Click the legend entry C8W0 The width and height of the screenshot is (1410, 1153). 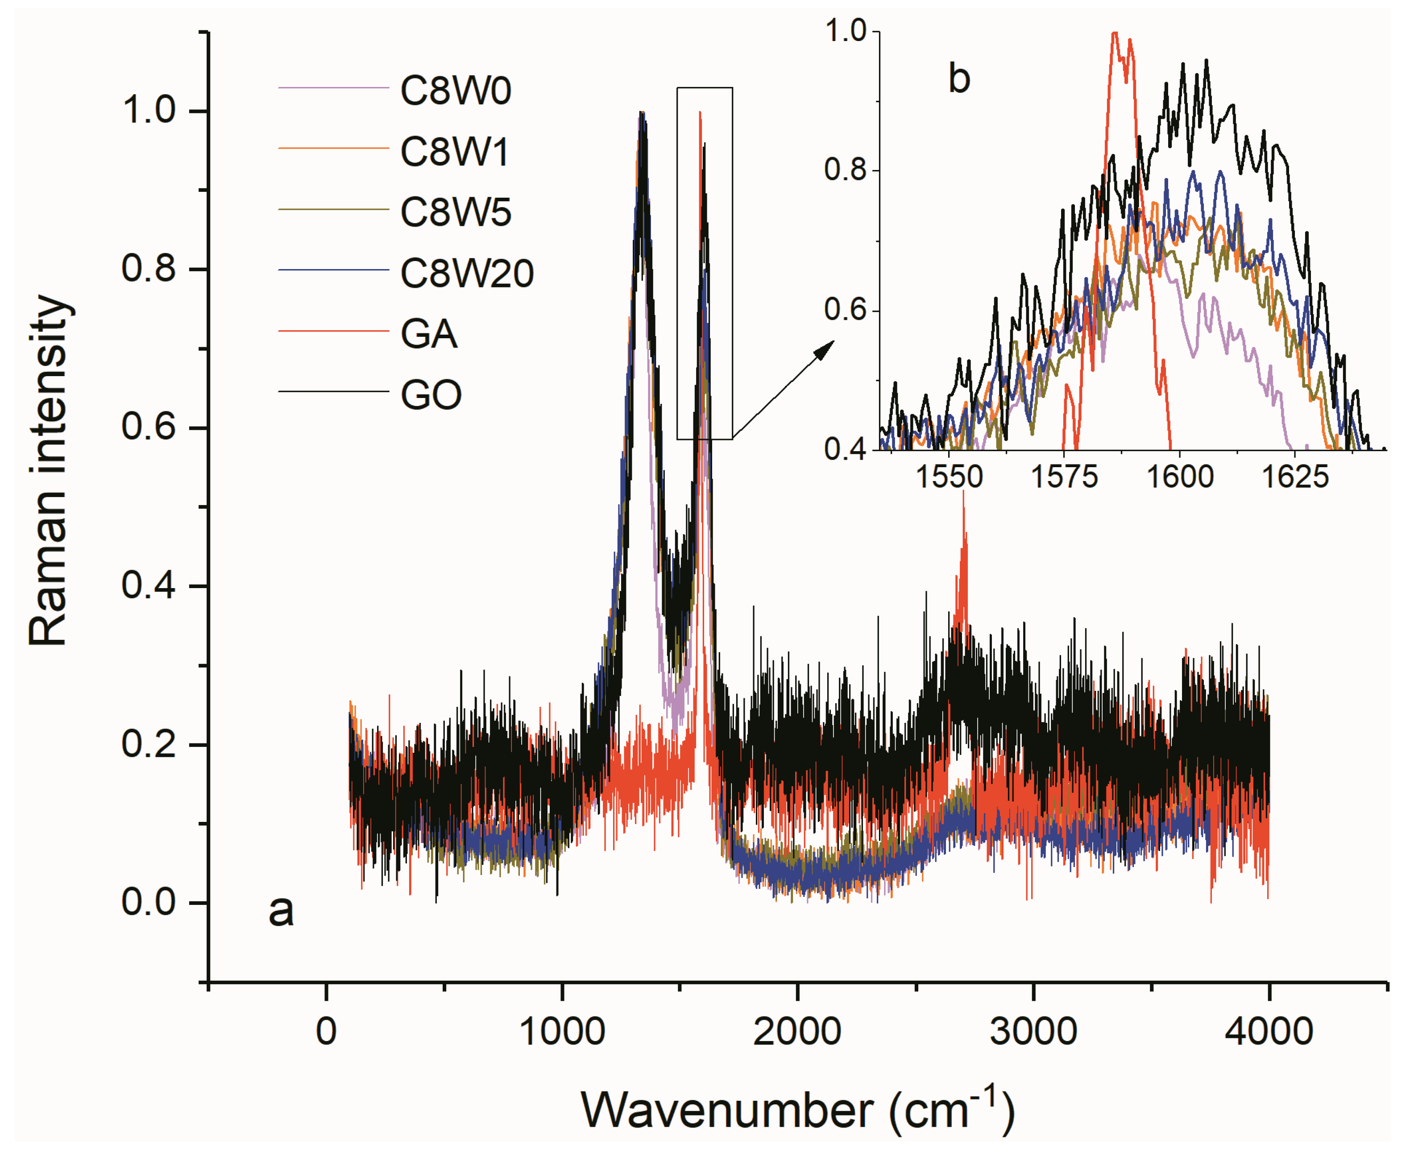[455, 91]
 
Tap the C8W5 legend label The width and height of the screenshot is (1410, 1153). [455, 212]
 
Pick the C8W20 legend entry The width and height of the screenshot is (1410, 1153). [466, 274]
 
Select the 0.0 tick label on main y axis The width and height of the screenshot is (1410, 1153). [149, 902]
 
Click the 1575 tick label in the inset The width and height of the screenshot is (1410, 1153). [1064, 477]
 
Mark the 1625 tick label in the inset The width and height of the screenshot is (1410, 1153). [1294, 477]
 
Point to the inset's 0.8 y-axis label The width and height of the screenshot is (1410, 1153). [846, 170]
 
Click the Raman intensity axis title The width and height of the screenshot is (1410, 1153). [48, 470]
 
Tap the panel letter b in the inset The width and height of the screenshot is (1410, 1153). [958, 79]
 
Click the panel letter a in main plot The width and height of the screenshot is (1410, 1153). [281, 910]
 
